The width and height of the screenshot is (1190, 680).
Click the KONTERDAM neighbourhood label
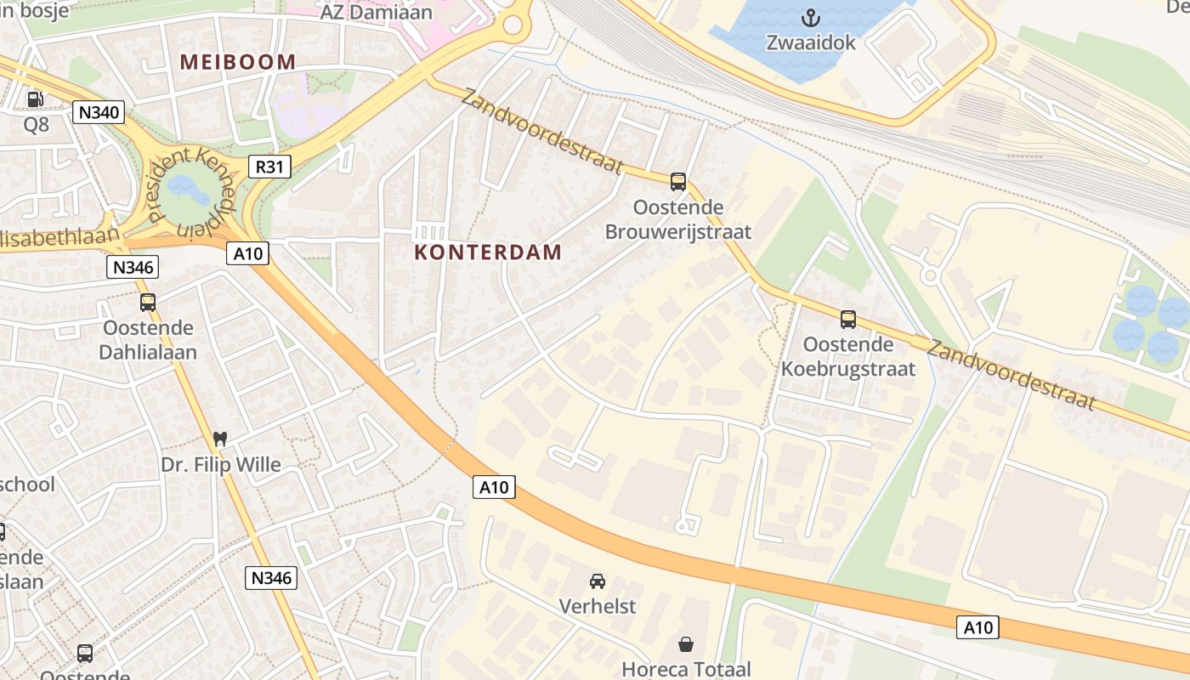click(488, 252)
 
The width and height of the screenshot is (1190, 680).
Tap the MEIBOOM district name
click(238, 62)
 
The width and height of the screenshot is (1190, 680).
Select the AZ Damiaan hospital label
click(376, 13)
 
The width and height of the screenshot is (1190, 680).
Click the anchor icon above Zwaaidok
click(811, 17)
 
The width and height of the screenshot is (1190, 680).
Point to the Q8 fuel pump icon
click(35, 99)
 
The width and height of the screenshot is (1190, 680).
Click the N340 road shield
click(99, 112)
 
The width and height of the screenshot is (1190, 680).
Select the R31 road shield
click(269, 167)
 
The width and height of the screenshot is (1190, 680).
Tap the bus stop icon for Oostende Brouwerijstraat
click(677, 181)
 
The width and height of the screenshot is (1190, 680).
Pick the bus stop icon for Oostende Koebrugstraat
click(847, 319)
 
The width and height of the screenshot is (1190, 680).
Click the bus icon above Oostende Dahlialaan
click(148, 302)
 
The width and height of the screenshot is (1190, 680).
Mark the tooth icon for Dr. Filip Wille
click(220, 439)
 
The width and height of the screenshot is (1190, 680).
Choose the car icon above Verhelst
click(598, 581)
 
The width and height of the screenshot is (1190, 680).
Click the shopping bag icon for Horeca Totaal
click(685, 644)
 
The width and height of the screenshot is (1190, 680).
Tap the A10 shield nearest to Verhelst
click(493, 487)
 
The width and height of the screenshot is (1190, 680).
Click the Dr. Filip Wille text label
click(220, 465)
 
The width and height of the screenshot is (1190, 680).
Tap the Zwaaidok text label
click(811, 42)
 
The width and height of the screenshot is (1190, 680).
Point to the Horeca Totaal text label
click(686, 669)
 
